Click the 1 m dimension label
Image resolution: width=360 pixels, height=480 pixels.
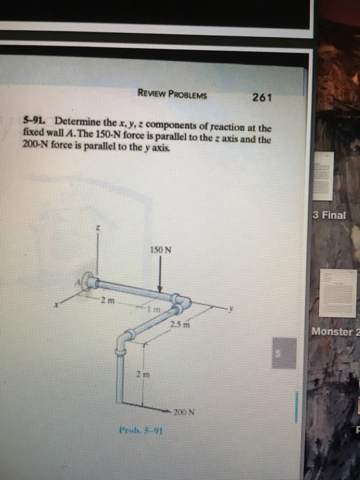point(157,311)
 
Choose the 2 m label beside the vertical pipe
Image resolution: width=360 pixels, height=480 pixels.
point(140,374)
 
